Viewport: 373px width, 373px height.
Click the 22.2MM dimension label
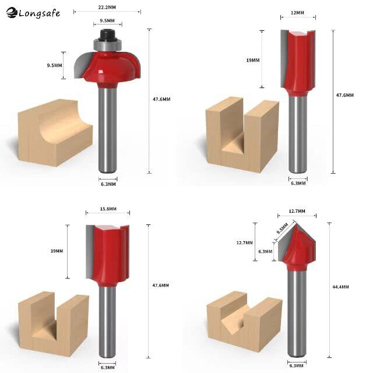107,8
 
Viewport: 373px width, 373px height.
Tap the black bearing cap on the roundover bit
107,34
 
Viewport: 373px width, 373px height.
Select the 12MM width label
297,13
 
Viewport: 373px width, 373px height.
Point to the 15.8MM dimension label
108,209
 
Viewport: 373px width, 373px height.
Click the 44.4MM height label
340,287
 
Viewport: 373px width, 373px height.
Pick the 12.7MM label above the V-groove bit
297,211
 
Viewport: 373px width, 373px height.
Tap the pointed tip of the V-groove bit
297,223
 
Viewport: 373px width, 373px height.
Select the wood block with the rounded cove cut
55,132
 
